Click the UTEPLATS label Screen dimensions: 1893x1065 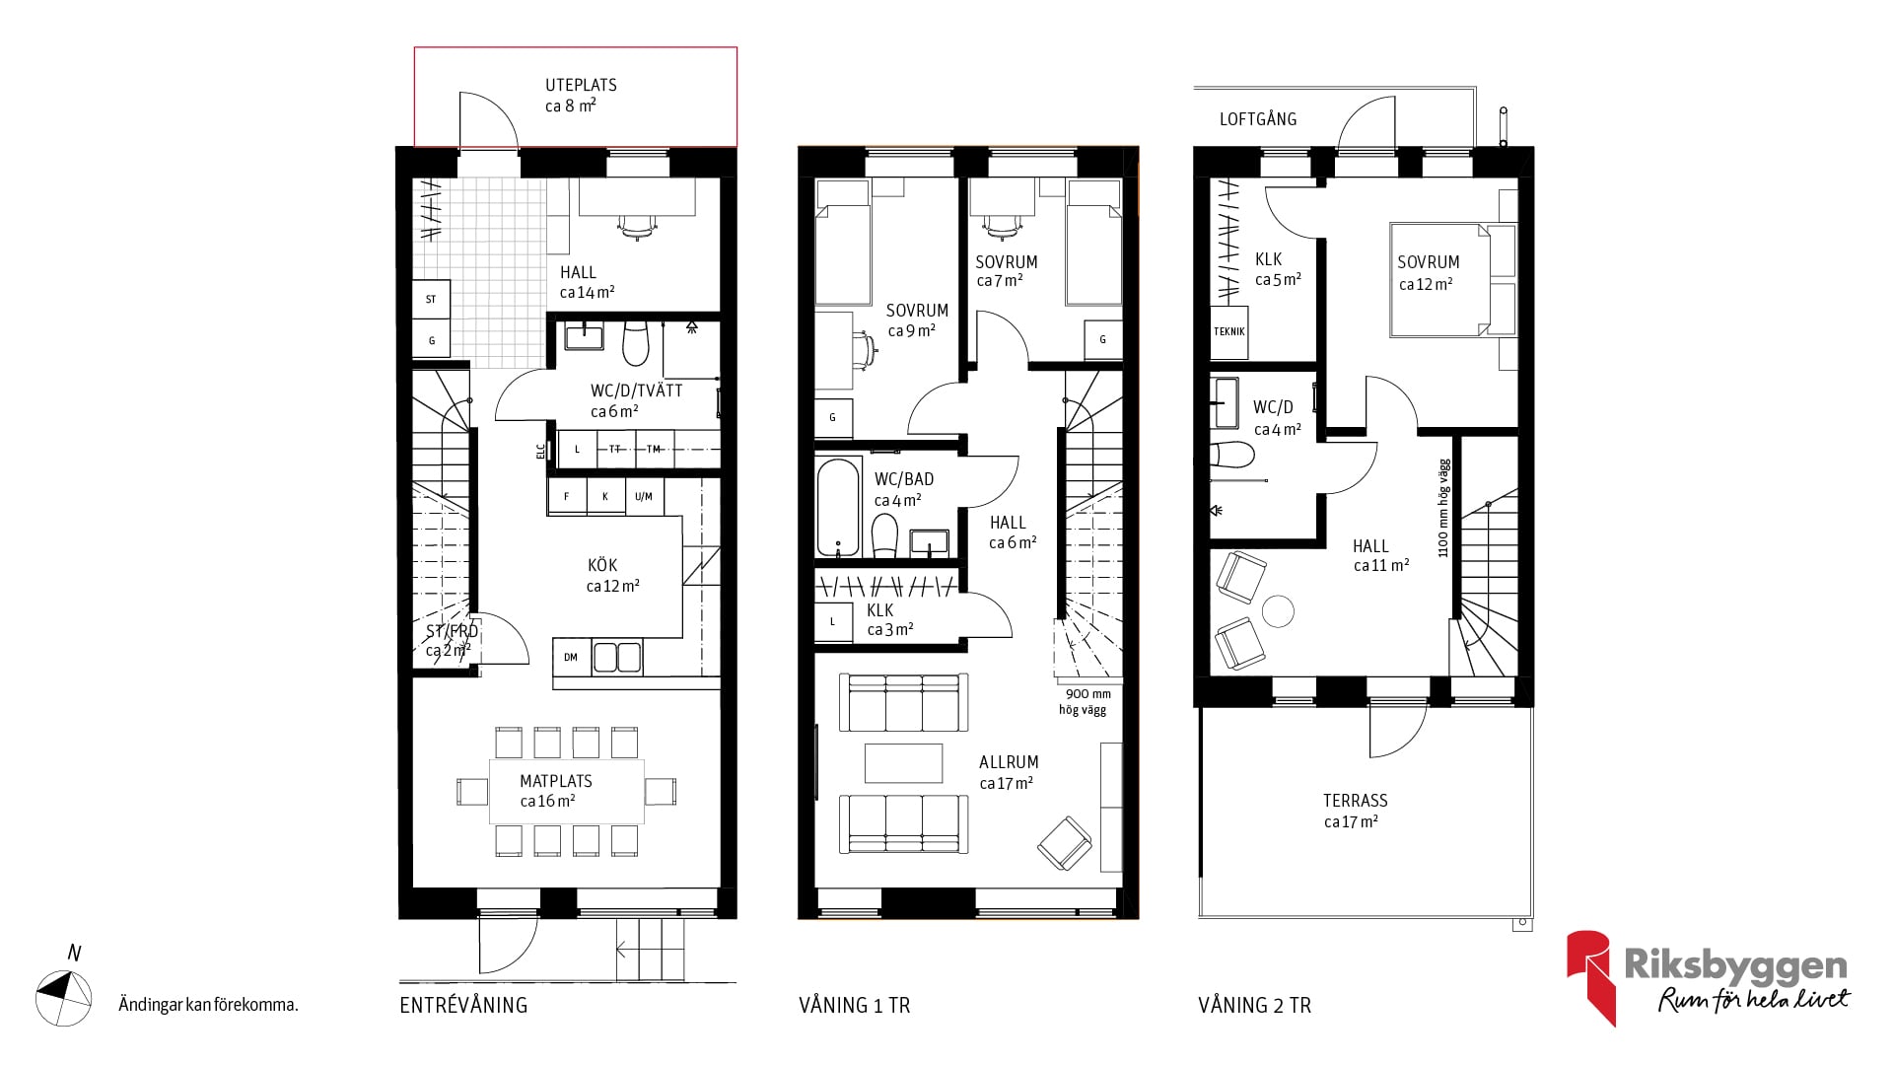click(x=581, y=86)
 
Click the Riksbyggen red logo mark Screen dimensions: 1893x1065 click(x=1589, y=977)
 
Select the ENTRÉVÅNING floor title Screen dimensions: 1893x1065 click(x=463, y=1006)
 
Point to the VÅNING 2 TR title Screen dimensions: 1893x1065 click(x=1254, y=1006)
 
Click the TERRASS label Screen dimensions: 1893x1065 click(x=1355, y=801)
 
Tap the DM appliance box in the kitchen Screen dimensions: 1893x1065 click(x=571, y=657)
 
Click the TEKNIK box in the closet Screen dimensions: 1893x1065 click(x=1229, y=331)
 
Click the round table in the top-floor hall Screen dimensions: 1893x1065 click(x=1279, y=612)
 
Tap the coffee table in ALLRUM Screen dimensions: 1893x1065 click(x=903, y=762)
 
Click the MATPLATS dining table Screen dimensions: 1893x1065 click(x=567, y=792)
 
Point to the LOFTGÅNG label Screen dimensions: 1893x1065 click(x=1258, y=119)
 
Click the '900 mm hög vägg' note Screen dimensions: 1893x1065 click(x=1085, y=701)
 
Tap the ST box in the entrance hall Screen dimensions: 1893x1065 click(x=431, y=299)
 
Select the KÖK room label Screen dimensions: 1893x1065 click(x=602, y=565)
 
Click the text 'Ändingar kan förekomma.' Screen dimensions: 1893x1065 click(x=208, y=1005)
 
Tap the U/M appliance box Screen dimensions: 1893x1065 click(x=644, y=496)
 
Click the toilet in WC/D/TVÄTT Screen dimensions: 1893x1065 click(x=636, y=343)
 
